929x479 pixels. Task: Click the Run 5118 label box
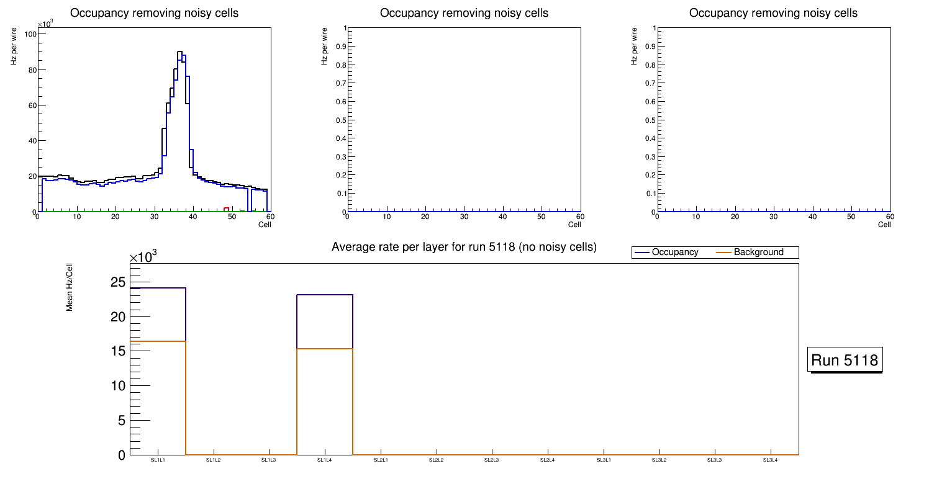(845, 360)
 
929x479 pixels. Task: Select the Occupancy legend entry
(674, 253)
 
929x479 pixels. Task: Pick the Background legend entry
(758, 253)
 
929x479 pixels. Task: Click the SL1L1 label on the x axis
(158, 460)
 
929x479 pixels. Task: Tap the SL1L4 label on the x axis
(324, 460)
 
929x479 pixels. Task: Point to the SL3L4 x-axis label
(770, 460)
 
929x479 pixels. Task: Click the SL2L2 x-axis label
(437, 460)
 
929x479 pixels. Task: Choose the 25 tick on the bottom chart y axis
(118, 283)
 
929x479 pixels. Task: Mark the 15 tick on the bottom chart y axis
(118, 351)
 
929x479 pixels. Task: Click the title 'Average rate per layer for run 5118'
(464, 247)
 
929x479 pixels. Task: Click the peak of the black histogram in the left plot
(179, 52)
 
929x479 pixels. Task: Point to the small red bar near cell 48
(227, 209)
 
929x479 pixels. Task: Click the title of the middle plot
(464, 13)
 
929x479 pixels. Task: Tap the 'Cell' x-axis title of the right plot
(884, 225)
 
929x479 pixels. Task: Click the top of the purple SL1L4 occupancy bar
(325, 295)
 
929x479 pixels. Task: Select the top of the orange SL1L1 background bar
(158, 341)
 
